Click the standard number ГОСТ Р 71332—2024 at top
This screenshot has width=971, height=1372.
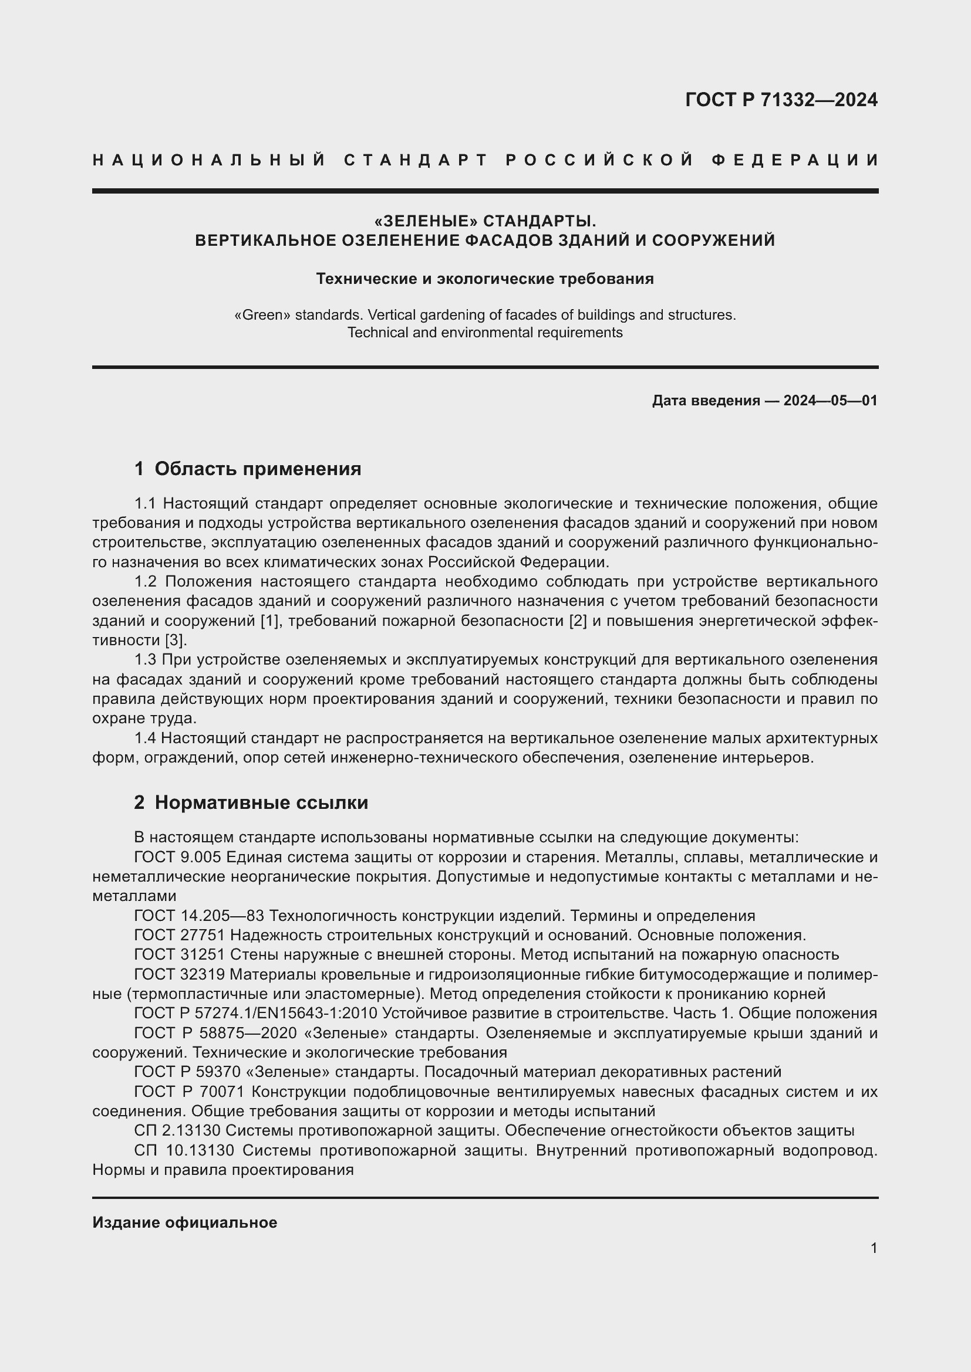[781, 100]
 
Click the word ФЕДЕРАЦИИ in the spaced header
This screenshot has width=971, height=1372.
[795, 160]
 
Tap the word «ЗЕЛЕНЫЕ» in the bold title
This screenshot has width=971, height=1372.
[426, 221]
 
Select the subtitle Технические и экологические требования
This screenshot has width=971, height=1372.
[485, 279]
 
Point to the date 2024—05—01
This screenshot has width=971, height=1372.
[830, 401]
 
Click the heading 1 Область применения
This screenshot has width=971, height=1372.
[248, 469]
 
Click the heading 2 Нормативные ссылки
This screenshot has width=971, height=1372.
[251, 802]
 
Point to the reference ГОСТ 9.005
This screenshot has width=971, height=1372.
[177, 858]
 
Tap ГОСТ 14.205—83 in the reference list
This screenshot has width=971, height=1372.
[200, 916]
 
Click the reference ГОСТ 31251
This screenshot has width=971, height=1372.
[180, 955]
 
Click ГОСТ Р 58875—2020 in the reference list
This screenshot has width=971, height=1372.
[215, 1033]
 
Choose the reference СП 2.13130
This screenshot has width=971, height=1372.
[177, 1130]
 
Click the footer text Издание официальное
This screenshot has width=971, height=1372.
[185, 1222]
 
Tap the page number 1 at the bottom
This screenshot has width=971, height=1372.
[874, 1248]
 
